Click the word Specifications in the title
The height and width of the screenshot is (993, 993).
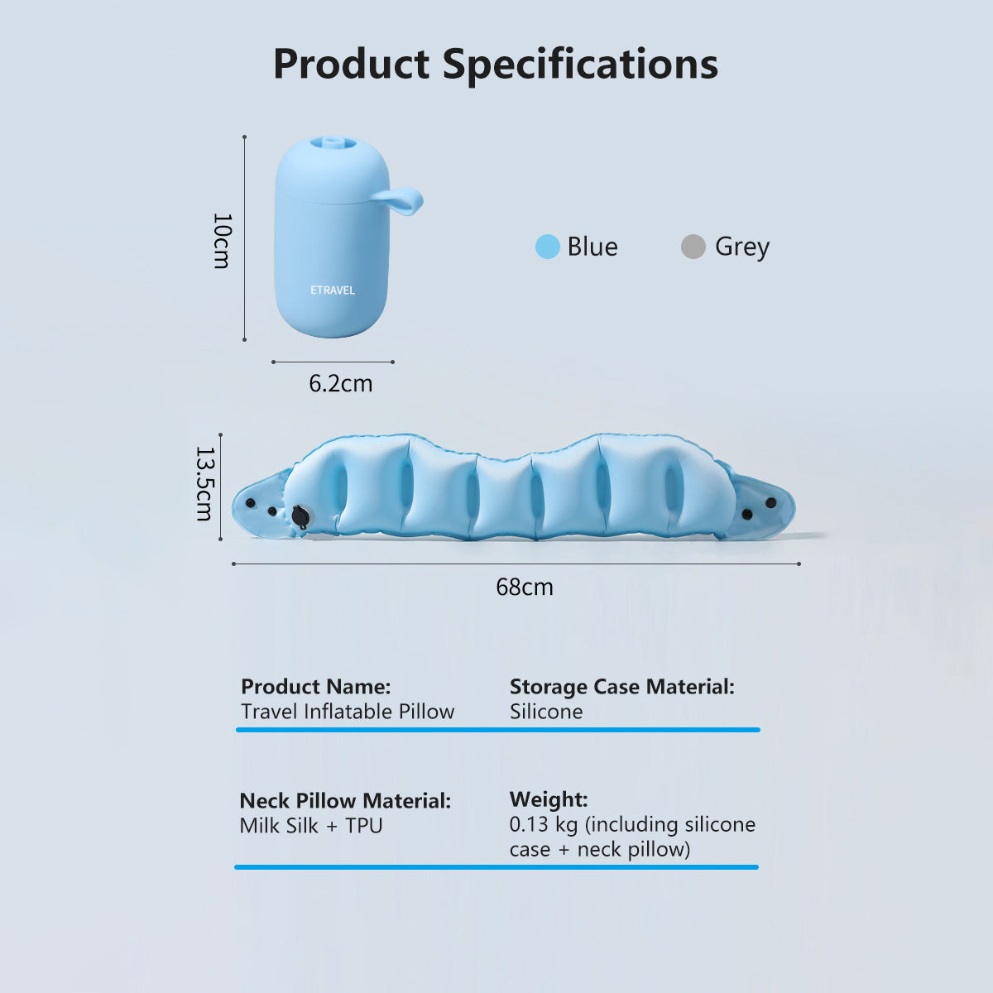pos(580,65)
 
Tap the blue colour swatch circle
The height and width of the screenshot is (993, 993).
pos(548,247)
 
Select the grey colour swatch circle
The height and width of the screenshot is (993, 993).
pos(693,247)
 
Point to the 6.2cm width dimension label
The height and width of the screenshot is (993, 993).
pos(340,384)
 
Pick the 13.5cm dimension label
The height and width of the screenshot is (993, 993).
pos(204,484)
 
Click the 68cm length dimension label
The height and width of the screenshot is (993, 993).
pos(525,588)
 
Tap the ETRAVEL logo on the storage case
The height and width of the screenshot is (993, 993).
pos(333,290)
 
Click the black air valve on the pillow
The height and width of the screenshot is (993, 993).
pos(300,516)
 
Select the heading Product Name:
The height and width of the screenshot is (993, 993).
pos(315,687)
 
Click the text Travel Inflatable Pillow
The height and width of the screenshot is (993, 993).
pos(348,712)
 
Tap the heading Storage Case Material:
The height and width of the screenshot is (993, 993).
pos(621,687)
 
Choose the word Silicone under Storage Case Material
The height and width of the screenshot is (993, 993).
pos(546,712)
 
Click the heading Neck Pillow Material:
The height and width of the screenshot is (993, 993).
pos(345,801)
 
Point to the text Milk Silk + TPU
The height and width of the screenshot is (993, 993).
pos(311,826)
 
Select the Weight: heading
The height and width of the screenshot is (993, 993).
pos(549,799)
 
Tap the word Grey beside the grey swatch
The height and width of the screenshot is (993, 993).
pos(742,247)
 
